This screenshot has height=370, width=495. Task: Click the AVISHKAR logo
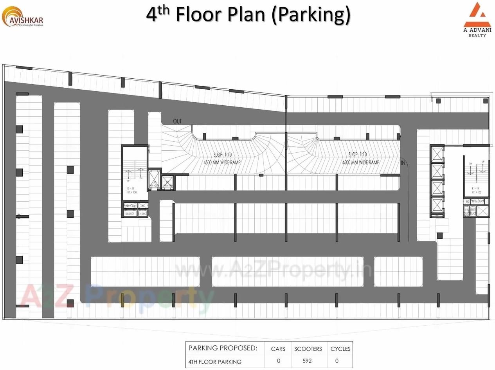(x=22, y=17)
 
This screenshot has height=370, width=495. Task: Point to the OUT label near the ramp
(x=177, y=121)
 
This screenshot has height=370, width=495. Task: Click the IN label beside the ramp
(x=403, y=162)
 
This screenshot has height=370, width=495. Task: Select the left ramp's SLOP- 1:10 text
(x=222, y=155)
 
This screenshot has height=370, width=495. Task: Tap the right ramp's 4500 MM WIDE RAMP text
(x=361, y=162)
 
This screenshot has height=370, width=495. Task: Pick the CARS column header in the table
(x=278, y=349)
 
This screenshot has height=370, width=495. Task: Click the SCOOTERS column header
(x=308, y=349)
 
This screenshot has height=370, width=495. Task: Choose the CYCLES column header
(x=340, y=349)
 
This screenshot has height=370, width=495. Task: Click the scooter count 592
(x=307, y=361)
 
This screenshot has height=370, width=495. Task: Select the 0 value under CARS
(x=278, y=361)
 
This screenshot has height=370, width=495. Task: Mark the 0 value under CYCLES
(x=337, y=361)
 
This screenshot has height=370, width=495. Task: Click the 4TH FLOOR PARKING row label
(x=215, y=362)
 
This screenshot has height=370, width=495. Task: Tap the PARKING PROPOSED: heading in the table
(x=223, y=348)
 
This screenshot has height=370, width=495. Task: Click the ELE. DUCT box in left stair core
(x=130, y=213)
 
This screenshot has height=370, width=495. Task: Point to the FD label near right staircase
(x=467, y=202)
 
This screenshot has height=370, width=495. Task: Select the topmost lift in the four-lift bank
(x=437, y=154)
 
